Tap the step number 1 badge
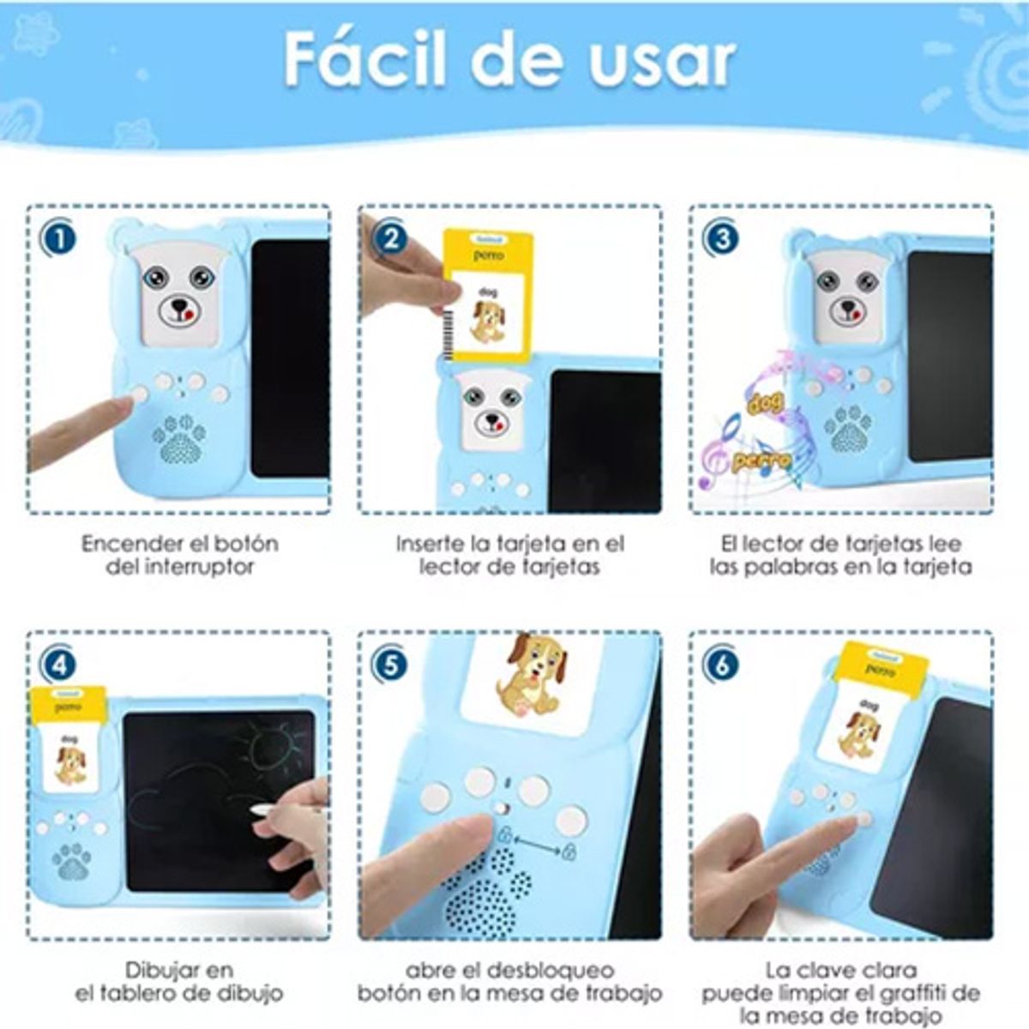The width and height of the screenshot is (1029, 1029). click(58, 238)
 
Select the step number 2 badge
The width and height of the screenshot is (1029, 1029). click(390, 238)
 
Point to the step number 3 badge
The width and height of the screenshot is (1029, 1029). click(721, 238)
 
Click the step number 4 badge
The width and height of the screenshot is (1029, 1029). click(58, 665)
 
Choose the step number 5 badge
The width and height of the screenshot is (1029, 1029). click(390, 665)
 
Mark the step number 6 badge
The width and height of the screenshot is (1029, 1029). click(721, 665)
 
